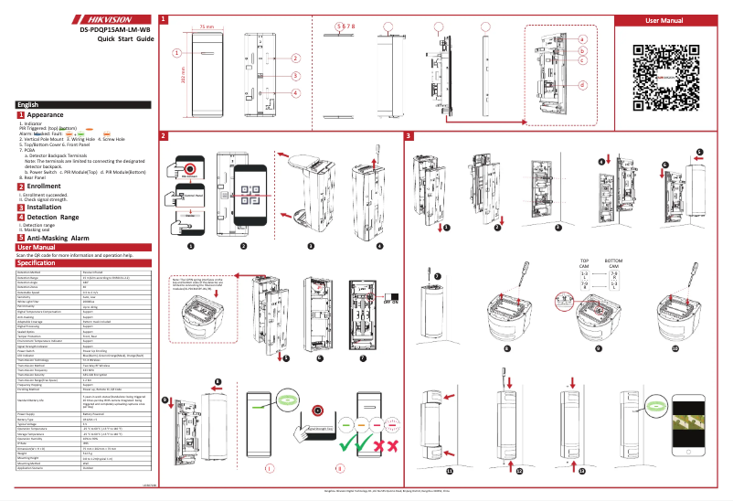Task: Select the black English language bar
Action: [x=78, y=105]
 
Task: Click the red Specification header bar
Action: [x=78, y=263]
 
